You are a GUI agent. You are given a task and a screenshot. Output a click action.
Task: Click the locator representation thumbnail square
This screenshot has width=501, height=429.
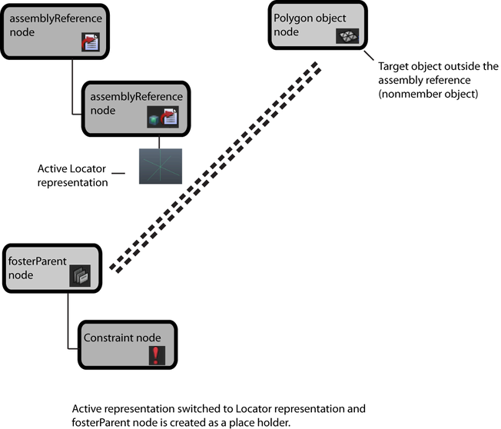coord(160,166)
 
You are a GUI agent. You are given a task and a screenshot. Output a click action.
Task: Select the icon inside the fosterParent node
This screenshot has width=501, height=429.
coord(80,275)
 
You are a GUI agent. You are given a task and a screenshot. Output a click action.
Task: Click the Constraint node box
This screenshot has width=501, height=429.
coord(128,344)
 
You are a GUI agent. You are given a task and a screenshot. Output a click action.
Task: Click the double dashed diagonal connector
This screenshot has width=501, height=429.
coord(215,167)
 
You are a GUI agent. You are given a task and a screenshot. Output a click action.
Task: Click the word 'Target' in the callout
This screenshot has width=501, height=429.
coord(394,66)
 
